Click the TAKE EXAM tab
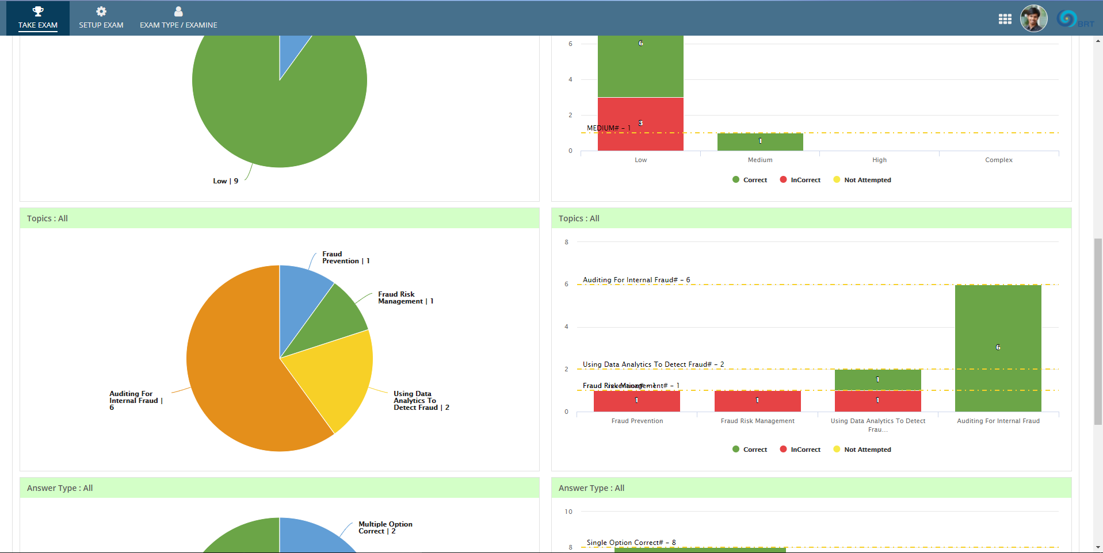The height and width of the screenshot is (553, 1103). click(38, 18)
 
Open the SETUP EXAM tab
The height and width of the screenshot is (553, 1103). click(101, 18)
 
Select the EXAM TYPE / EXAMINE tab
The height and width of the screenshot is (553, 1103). click(178, 18)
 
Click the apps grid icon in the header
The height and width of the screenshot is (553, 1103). click(1005, 19)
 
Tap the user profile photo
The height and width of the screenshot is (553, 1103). click(1033, 19)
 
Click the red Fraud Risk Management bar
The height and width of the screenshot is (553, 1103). click(757, 401)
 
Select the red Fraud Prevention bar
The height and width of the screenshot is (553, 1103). click(636, 401)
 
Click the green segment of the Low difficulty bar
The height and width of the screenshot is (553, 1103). click(640, 66)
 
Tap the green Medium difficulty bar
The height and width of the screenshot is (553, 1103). click(759, 141)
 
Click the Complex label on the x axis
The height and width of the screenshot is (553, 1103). click(998, 160)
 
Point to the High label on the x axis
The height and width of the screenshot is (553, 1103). click(879, 160)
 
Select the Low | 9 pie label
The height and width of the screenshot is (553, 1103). click(226, 181)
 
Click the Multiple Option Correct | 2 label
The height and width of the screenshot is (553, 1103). click(385, 528)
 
